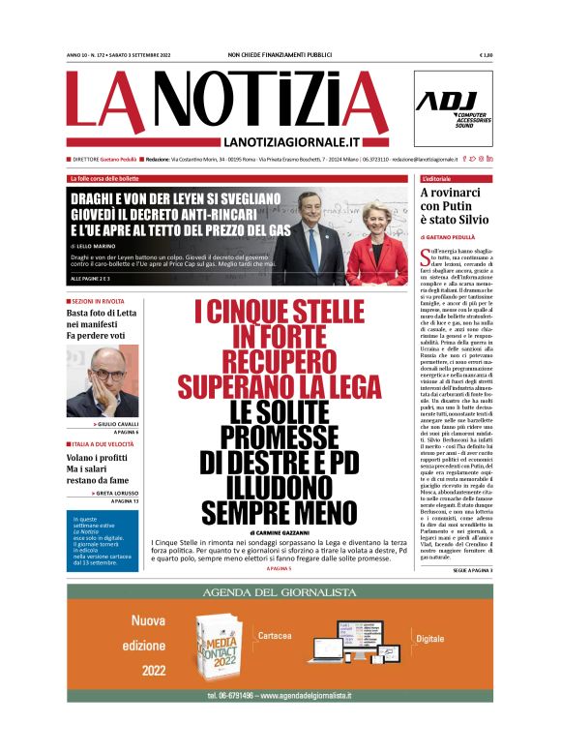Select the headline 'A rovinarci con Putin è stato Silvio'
tap(456, 205)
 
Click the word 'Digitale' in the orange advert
tap(429, 639)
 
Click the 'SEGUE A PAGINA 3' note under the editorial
tap(473, 571)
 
